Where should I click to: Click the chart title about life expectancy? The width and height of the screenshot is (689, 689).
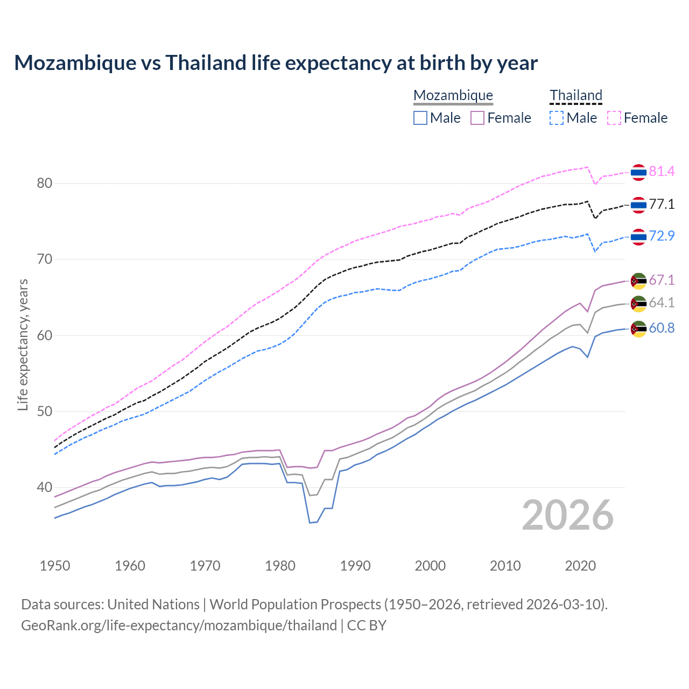(x=276, y=63)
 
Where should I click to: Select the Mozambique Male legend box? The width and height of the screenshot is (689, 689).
(x=420, y=118)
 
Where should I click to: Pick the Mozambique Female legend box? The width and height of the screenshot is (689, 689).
(x=477, y=118)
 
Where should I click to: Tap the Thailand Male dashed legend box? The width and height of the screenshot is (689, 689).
(x=557, y=118)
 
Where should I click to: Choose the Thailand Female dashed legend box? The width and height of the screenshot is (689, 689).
(x=614, y=118)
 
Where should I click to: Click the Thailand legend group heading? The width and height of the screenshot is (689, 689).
(x=575, y=95)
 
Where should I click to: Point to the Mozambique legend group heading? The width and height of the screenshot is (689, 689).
(x=453, y=95)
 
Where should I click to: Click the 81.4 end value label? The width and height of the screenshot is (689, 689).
(x=662, y=171)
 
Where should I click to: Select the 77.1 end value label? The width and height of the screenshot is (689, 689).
(x=662, y=204)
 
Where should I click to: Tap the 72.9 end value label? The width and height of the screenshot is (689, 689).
(x=662, y=236)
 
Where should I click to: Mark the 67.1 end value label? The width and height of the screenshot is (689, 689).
(x=662, y=280)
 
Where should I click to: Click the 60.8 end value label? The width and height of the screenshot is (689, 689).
(x=662, y=328)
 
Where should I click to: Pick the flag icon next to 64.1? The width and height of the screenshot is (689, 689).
(x=638, y=304)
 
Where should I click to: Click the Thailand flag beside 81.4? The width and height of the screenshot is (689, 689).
(x=638, y=172)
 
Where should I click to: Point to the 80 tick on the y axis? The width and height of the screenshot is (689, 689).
(x=44, y=184)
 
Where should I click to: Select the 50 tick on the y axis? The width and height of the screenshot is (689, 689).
(x=44, y=412)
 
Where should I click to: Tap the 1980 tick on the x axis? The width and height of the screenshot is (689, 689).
(x=280, y=566)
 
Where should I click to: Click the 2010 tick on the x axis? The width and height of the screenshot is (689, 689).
(x=505, y=566)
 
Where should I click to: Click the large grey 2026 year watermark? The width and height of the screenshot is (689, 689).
(x=568, y=515)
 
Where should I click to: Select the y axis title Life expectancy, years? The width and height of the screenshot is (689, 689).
(x=23, y=344)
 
